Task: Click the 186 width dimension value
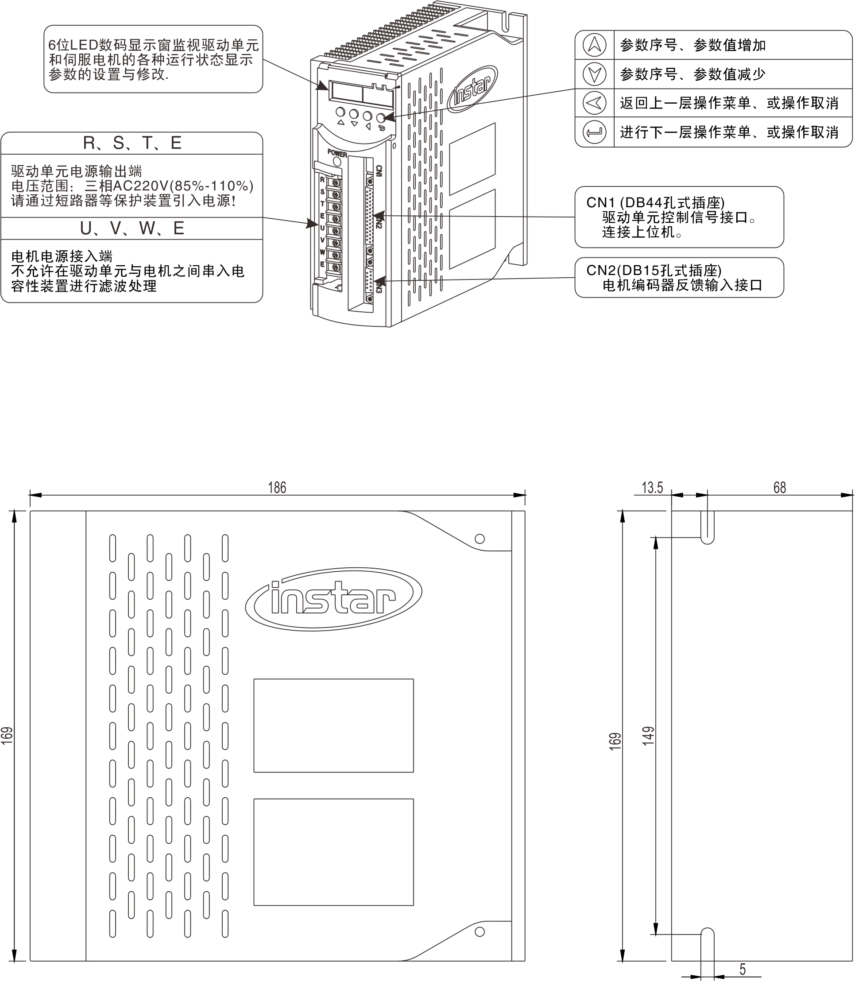(277, 487)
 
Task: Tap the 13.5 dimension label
(652, 487)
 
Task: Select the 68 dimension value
(779, 487)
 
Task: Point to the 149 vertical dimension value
(648, 736)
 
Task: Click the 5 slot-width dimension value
(743, 969)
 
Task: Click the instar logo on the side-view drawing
(333, 599)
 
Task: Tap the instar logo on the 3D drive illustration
(472, 89)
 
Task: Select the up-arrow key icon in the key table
(594, 45)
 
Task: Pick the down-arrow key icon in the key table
(594, 74)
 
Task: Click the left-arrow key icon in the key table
(594, 103)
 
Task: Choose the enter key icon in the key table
(594, 132)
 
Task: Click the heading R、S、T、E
(132, 143)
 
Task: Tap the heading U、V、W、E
(132, 229)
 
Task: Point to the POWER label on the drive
(337, 154)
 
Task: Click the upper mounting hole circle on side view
(480, 539)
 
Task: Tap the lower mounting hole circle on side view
(480, 931)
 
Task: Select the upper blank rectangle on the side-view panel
(333, 725)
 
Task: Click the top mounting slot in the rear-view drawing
(707, 527)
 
